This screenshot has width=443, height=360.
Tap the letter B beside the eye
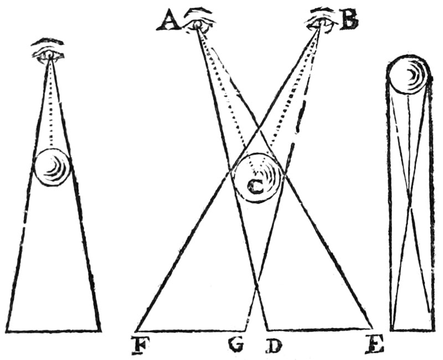pos(349,20)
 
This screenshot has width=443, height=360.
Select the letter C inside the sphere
pos(256,187)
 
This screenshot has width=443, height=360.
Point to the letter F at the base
pos(140,344)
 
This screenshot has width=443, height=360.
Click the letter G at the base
pos(236,344)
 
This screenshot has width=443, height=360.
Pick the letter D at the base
pos(274,344)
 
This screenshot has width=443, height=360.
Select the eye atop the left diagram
pos(49,54)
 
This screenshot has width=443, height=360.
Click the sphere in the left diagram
pos(52,167)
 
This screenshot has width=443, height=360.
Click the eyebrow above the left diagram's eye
pos(48,41)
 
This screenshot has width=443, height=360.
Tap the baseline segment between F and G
pos(190,330)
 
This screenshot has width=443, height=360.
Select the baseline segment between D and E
pos(320,329)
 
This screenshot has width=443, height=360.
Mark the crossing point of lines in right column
pos(410,195)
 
